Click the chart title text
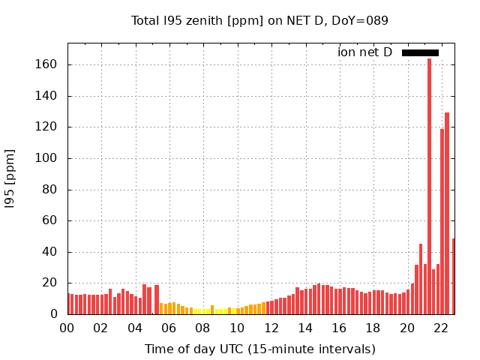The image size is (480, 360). point(259,20)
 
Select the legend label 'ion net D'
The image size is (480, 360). point(364,52)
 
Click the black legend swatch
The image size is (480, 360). point(420,52)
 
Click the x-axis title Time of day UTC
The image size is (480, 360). point(259,349)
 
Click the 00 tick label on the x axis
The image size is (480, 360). point(67,328)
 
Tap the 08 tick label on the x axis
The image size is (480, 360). point(203,328)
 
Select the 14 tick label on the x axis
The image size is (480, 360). point(305,328)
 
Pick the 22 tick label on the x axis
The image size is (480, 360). point(441,328)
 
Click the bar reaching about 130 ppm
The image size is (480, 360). point(447,214)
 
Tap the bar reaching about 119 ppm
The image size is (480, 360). point(442,222)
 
